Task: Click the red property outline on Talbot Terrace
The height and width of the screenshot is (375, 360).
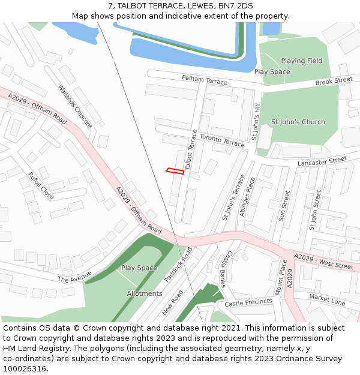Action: (175, 172)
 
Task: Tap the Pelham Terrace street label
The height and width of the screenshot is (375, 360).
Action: (205, 80)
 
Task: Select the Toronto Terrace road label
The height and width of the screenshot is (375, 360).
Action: (222, 141)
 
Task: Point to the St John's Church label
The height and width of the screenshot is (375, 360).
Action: (298, 122)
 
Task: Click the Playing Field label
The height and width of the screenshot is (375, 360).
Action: (302, 61)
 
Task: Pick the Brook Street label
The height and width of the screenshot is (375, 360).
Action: (334, 80)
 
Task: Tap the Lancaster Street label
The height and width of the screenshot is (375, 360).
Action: (322, 161)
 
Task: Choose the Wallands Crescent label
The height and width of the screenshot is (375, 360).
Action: (75, 106)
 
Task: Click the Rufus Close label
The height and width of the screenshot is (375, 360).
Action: (41, 186)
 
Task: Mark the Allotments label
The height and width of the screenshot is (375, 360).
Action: (145, 293)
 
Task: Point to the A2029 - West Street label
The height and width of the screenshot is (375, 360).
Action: (323, 261)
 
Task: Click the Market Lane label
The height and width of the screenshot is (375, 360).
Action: (328, 299)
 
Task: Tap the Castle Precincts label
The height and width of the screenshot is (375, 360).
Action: (248, 303)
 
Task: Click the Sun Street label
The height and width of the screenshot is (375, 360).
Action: (284, 206)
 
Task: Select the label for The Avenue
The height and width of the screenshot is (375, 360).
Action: (75, 277)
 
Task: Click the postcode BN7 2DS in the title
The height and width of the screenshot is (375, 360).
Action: (230, 6)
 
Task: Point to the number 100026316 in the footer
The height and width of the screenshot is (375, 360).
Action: (25, 368)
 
